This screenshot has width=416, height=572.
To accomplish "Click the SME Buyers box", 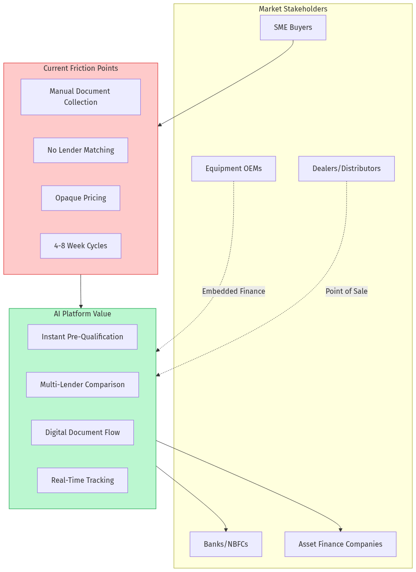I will [x=293, y=28].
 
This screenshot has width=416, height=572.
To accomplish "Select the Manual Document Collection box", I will [x=81, y=97].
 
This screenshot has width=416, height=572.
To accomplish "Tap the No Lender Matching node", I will [x=81, y=150].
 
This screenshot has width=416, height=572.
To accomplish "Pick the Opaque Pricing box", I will [x=81, y=198].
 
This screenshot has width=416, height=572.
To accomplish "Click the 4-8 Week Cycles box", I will [x=81, y=246].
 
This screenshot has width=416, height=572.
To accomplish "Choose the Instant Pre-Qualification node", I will [x=82, y=337].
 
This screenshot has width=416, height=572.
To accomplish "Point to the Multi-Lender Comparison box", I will [x=82, y=385].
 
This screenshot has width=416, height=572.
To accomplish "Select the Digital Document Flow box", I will [x=82, y=433].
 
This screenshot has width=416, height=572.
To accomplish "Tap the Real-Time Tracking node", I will [x=82, y=480].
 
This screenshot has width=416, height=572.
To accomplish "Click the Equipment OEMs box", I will [x=233, y=169].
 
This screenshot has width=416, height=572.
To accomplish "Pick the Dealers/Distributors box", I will [x=346, y=169].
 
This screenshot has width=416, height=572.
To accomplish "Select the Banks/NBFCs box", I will [x=225, y=544].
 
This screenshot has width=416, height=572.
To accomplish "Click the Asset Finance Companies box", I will [x=340, y=544].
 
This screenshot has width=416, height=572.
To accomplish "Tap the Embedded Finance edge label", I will [x=233, y=291].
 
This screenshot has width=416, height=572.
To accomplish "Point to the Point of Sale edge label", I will [x=346, y=291].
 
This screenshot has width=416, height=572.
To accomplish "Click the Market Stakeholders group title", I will [x=293, y=9].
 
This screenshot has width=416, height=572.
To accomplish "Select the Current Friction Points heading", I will [x=81, y=68].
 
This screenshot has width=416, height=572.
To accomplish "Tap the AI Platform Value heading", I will [x=82, y=314].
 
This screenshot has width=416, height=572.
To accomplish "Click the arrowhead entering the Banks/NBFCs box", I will [x=226, y=530].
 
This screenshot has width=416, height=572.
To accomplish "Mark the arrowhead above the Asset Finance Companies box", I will [x=341, y=530].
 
